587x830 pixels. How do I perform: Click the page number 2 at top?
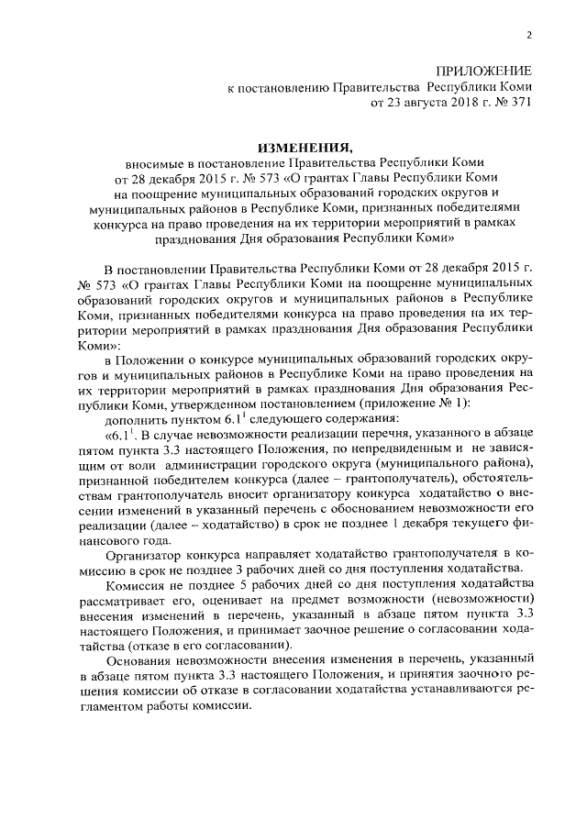coord(529,36)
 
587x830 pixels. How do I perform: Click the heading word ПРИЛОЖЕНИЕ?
coord(485,71)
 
